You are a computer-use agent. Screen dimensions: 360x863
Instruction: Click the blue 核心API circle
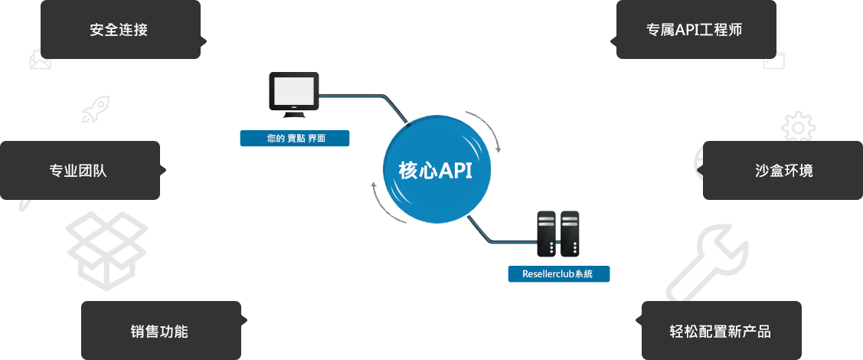435,169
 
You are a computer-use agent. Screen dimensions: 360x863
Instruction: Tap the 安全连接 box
119,29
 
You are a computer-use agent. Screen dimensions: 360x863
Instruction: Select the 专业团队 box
79,170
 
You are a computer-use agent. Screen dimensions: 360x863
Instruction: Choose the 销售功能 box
160,331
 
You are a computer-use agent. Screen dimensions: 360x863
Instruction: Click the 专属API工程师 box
695,29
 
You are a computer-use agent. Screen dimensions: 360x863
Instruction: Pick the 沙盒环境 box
783,170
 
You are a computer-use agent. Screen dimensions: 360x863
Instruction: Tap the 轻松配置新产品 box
721,331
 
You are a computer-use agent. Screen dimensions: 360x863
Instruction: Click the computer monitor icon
294,93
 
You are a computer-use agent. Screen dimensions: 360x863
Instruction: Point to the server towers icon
557,234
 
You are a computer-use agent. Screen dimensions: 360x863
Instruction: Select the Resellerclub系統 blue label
560,273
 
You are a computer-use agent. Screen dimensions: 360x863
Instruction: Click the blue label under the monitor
294,139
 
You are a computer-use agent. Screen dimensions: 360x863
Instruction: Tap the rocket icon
96,110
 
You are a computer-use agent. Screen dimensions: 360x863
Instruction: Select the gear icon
797,126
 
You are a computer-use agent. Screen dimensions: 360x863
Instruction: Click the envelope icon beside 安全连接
40,60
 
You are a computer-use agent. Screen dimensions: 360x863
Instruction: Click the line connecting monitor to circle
360,95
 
